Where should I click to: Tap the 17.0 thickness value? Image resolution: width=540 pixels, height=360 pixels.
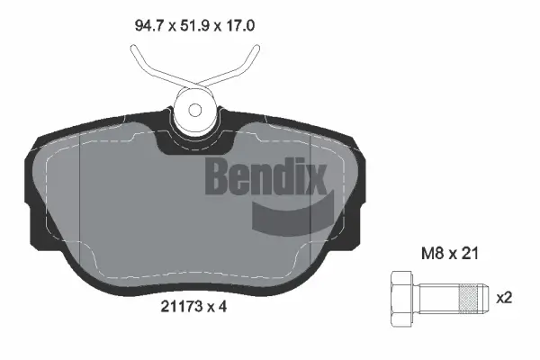240,27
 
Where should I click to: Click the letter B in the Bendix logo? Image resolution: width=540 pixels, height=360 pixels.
219,175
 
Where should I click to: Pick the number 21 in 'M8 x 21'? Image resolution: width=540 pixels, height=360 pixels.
468,255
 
